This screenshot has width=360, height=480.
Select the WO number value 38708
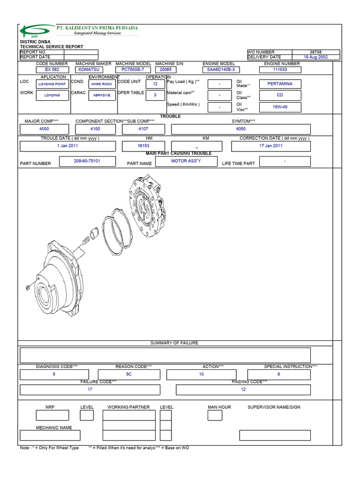315,52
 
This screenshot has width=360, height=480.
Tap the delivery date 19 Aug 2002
315,57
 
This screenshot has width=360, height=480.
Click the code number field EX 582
52,69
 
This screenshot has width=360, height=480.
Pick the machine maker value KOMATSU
89,69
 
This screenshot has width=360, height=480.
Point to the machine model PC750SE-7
133,69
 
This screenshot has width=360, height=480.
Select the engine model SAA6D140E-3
221,69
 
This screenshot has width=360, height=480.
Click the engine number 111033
280,69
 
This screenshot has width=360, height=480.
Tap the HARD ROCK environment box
102,84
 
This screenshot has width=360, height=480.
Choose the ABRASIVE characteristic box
102,95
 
